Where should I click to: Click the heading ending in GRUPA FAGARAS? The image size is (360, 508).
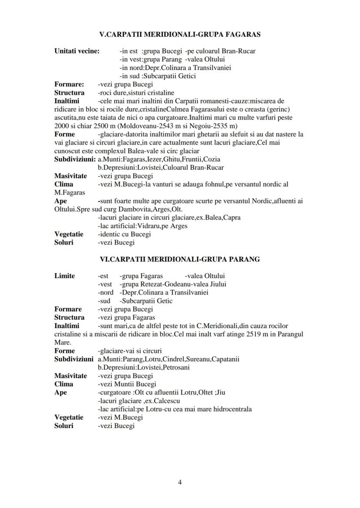[x=180, y=34]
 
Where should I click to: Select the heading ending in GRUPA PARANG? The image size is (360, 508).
[x=180, y=259]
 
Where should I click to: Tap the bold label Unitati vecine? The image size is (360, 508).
[x=77, y=51]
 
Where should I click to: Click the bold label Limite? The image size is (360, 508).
[x=64, y=276]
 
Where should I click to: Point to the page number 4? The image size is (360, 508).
[x=180, y=482]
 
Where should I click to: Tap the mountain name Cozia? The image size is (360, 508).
[x=211, y=159]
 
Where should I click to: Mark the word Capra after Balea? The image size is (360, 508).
[x=232, y=218]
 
